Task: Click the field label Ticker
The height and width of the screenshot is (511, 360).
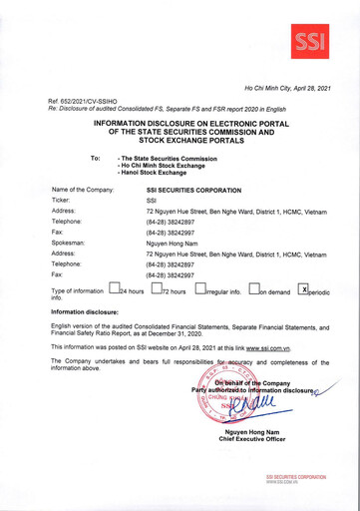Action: [62, 200]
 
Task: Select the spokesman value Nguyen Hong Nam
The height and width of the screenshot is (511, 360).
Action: [174, 243]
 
